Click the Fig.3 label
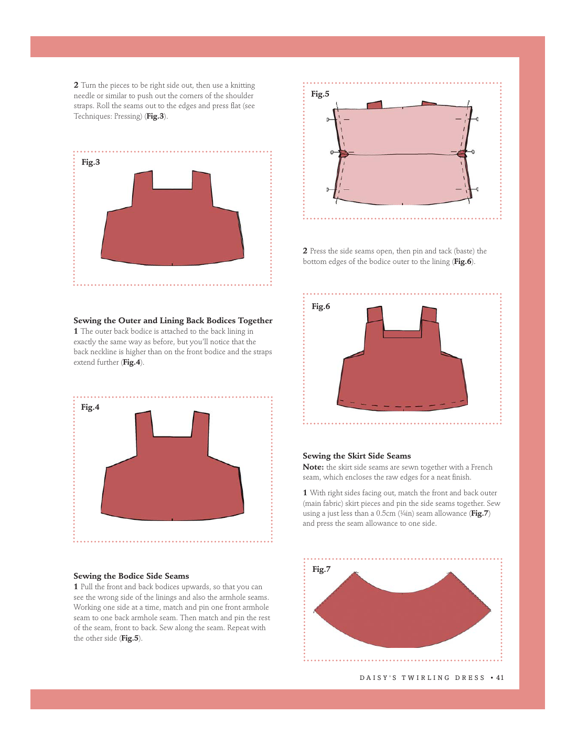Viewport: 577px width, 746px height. tap(91, 162)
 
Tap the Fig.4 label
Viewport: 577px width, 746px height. tap(90, 407)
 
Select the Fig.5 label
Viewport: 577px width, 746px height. tap(320, 94)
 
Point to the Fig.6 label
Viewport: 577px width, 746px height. tap(320, 306)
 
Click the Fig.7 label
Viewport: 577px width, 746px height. tap(321, 569)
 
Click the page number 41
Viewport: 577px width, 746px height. tap(500, 678)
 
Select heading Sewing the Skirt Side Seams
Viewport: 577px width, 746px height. tap(357, 456)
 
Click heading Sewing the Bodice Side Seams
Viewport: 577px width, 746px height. tap(131, 576)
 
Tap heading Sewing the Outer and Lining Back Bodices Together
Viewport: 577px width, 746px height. tap(173, 321)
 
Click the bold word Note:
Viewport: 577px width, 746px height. tap(313, 467)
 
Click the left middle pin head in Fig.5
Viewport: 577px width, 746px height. tap(332, 152)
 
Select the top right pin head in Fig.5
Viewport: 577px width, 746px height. tap(477, 119)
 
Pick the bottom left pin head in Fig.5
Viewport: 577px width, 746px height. tap(328, 189)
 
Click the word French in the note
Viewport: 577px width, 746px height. tap(482, 467)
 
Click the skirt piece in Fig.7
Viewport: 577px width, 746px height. tap(402, 618)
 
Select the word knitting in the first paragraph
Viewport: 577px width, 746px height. tap(243, 86)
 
